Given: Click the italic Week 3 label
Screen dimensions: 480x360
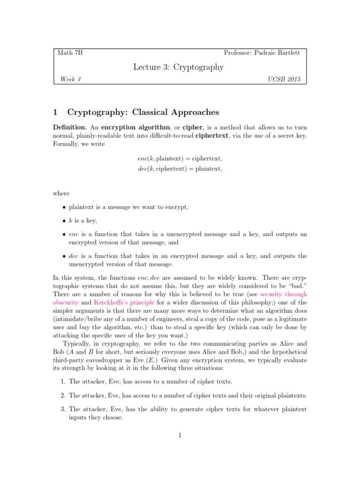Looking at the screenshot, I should point(70,80).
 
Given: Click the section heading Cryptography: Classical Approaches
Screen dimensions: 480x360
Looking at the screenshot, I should point(142,112).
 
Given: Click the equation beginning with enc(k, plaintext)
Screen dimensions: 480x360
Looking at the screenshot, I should point(180,159).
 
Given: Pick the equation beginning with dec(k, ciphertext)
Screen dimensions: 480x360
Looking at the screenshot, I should point(180,169).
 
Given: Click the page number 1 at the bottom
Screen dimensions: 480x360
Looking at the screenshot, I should point(180,435).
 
